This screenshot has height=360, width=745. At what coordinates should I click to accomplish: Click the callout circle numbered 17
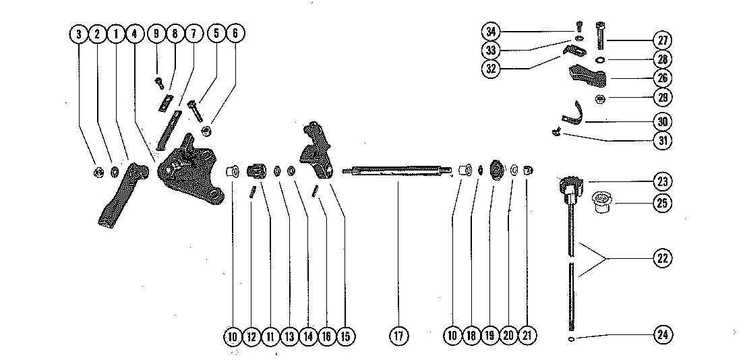click(x=398, y=335)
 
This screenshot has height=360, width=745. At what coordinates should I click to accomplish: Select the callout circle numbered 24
click(x=663, y=334)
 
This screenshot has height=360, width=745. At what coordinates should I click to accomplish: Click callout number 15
click(x=347, y=335)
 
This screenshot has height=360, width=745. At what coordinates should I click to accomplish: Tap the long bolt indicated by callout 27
click(x=601, y=38)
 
